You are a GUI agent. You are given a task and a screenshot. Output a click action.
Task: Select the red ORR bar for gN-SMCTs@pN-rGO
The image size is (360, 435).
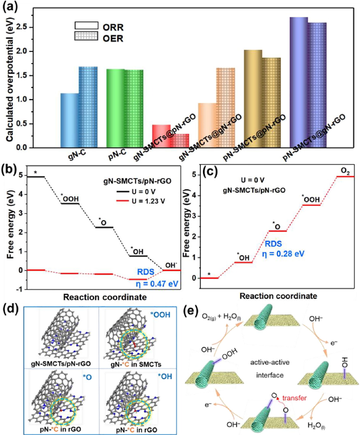160,136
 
